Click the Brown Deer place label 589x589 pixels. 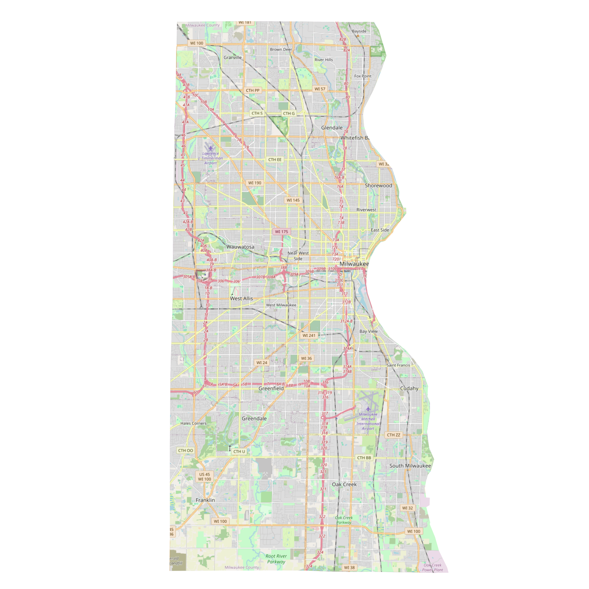click(281, 50)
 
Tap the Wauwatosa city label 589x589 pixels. click(240, 247)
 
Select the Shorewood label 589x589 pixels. click(378, 186)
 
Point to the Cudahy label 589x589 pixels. click(409, 388)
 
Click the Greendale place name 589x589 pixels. click(254, 419)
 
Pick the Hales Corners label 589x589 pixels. click(193, 423)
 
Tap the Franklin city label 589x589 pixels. click(205, 500)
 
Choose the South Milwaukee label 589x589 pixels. click(410, 466)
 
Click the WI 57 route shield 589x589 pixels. click(320, 89)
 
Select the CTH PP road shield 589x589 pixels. click(253, 90)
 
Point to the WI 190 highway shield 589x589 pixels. click(255, 183)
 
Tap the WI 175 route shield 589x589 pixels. click(281, 232)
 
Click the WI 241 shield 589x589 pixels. click(309, 335)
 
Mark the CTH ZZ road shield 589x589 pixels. click(393, 435)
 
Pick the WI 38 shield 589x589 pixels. click(349, 568)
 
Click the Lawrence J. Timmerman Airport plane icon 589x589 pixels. click(211, 148)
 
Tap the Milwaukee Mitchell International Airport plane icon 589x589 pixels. click(368, 409)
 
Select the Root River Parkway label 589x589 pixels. click(276, 559)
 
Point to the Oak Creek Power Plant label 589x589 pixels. click(432, 568)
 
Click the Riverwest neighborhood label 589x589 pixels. click(366, 210)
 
